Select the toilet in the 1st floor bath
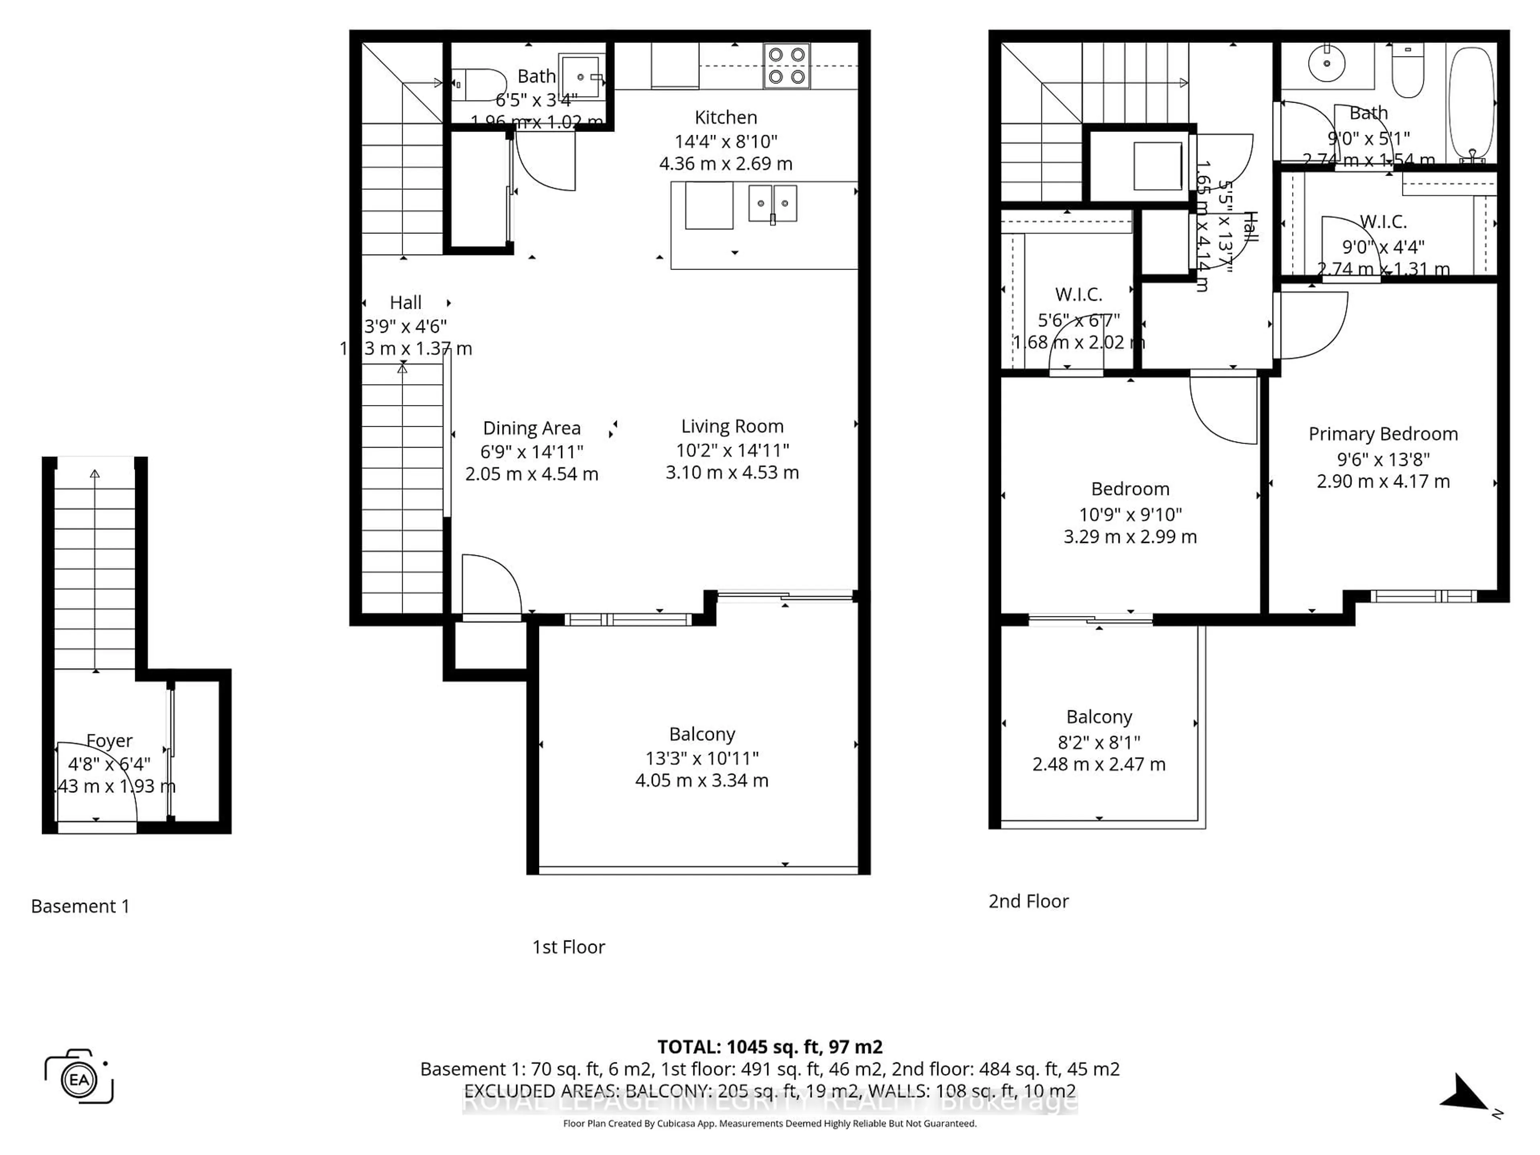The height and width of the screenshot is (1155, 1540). pyautogui.click(x=479, y=84)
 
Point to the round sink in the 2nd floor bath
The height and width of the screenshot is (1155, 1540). pyautogui.click(x=1327, y=63)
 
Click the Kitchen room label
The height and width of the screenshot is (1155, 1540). pyautogui.click(x=725, y=118)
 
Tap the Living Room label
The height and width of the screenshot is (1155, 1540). pyautogui.click(x=732, y=426)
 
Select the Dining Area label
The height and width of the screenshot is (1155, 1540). pyautogui.click(x=531, y=428)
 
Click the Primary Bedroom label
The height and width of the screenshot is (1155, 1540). pyautogui.click(x=1383, y=434)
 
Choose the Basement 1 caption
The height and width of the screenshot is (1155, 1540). pyautogui.click(x=80, y=906)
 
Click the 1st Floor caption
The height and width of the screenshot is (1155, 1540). pyautogui.click(x=568, y=947)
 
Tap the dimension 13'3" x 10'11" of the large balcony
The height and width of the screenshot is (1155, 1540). pyautogui.click(x=702, y=758)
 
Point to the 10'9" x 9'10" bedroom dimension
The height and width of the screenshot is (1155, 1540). pyautogui.click(x=1130, y=515)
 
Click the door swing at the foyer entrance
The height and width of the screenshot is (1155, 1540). pyautogui.click(x=97, y=783)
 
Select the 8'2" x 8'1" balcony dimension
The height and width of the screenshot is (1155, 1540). pyautogui.click(x=1098, y=742)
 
